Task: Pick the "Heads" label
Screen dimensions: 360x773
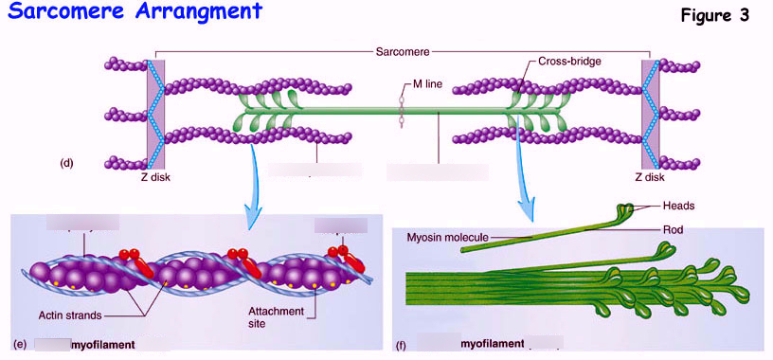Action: click(x=679, y=204)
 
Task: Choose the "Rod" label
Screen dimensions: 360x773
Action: click(x=673, y=227)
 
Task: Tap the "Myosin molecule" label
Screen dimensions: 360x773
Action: click(x=449, y=236)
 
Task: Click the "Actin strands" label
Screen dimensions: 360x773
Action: click(x=71, y=315)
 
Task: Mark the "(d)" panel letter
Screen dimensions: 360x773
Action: click(x=66, y=163)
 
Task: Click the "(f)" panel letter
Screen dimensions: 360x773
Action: click(x=402, y=346)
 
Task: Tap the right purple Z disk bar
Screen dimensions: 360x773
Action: click(x=650, y=113)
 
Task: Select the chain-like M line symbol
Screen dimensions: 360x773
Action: click(x=402, y=106)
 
